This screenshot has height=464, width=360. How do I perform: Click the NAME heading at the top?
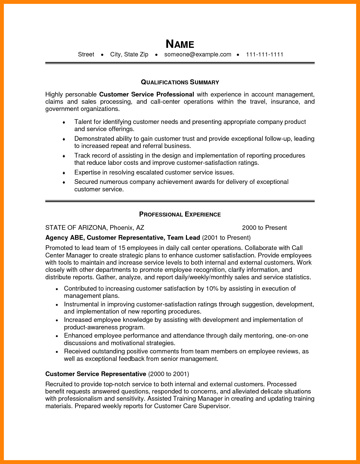(x=180, y=44)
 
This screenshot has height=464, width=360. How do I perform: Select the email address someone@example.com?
(x=198, y=54)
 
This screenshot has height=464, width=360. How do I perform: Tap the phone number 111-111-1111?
(x=264, y=54)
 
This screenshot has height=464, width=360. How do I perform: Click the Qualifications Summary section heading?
(x=180, y=82)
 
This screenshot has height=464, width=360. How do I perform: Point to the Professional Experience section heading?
(x=180, y=214)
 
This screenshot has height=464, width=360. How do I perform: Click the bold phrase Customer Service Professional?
(x=146, y=94)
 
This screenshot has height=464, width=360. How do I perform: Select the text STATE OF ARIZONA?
(x=76, y=228)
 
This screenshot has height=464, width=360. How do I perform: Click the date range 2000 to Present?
(x=264, y=228)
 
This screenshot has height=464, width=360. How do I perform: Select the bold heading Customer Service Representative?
(x=96, y=374)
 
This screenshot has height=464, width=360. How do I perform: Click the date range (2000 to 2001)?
(x=169, y=374)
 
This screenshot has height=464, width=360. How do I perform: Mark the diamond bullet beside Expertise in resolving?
(x=64, y=173)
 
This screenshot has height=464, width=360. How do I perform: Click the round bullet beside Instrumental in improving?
(x=57, y=305)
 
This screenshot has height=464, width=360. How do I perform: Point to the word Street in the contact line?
(x=86, y=54)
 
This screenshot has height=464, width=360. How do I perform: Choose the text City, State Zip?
(x=129, y=54)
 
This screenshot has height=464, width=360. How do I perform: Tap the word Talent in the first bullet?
(x=83, y=122)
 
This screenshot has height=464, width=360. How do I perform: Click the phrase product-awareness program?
(x=104, y=327)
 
